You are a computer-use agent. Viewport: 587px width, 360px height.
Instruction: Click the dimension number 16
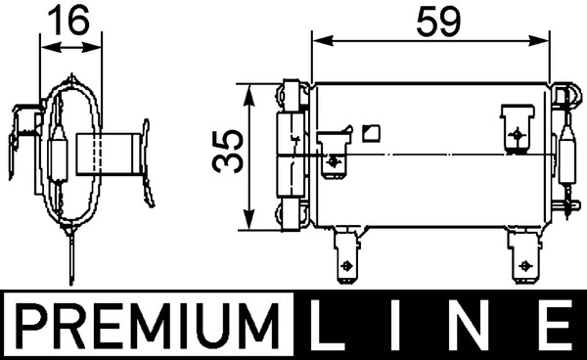[69, 19]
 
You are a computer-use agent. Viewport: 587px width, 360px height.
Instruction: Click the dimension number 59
[433, 19]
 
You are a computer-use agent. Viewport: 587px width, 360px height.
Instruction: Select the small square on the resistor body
[370, 132]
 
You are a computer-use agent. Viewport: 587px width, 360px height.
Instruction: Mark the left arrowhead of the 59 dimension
[317, 42]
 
